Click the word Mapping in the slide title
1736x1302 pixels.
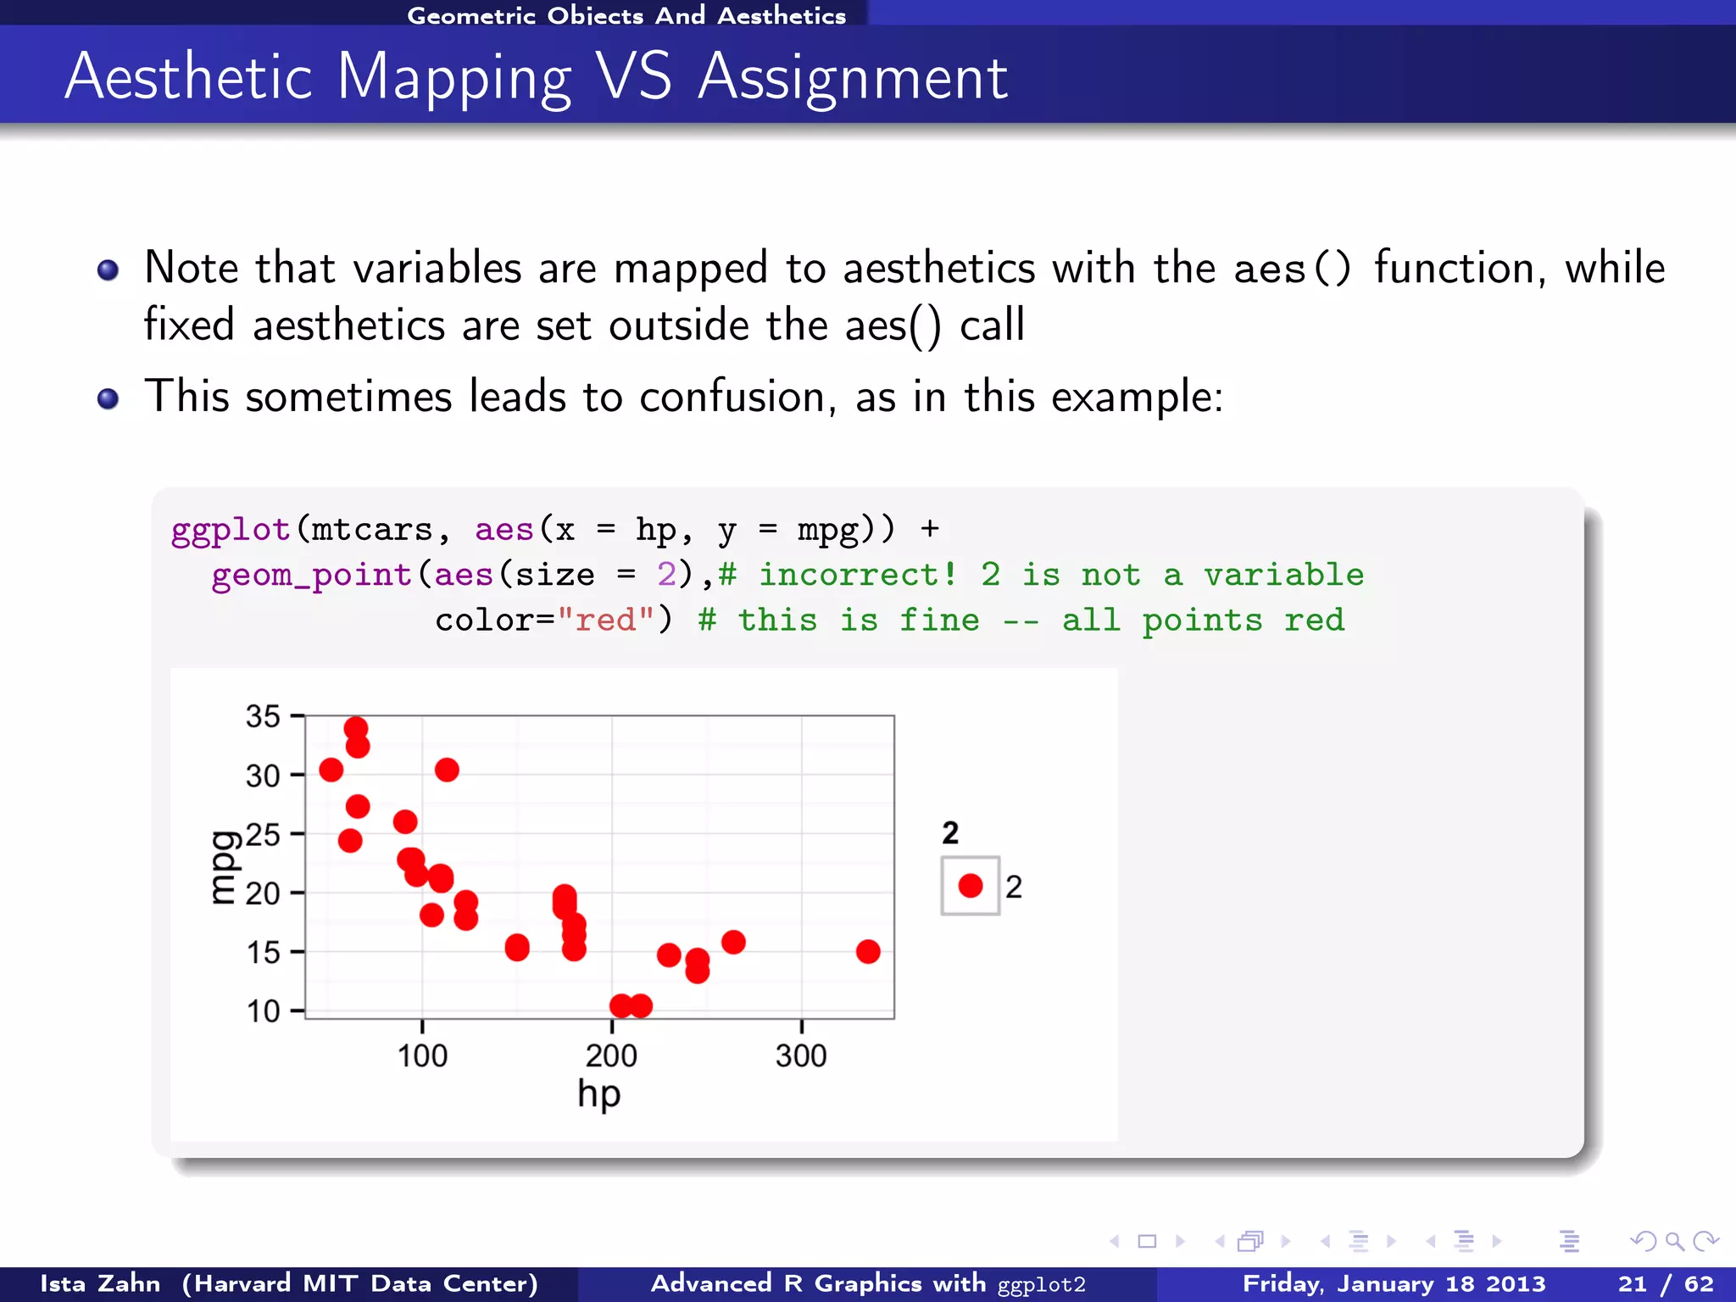[x=453, y=78]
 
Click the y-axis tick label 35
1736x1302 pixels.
[x=263, y=716]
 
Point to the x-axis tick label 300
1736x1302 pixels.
[x=800, y=1056]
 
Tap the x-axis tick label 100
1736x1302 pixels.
[x=422, y=1056]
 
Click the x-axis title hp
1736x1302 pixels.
[x=598, y=1094]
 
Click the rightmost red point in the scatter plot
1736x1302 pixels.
[x=867, y=951]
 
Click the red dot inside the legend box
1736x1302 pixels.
[x=970, y=886]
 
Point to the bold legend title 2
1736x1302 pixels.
[x=949, y=832]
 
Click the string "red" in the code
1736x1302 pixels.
[x=605, y=620]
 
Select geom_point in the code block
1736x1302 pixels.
[x=311, y=575]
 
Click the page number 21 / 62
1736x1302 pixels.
[x=1664, y=1283]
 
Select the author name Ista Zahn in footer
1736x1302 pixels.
[x=100, y=1283]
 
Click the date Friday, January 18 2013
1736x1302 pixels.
[x=1394, y=1283]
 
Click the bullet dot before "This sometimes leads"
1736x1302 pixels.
[x=108, y=398]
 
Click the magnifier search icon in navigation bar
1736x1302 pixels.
[x=1674, y=1242]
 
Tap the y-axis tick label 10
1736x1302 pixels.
[x=263, y=1010]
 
